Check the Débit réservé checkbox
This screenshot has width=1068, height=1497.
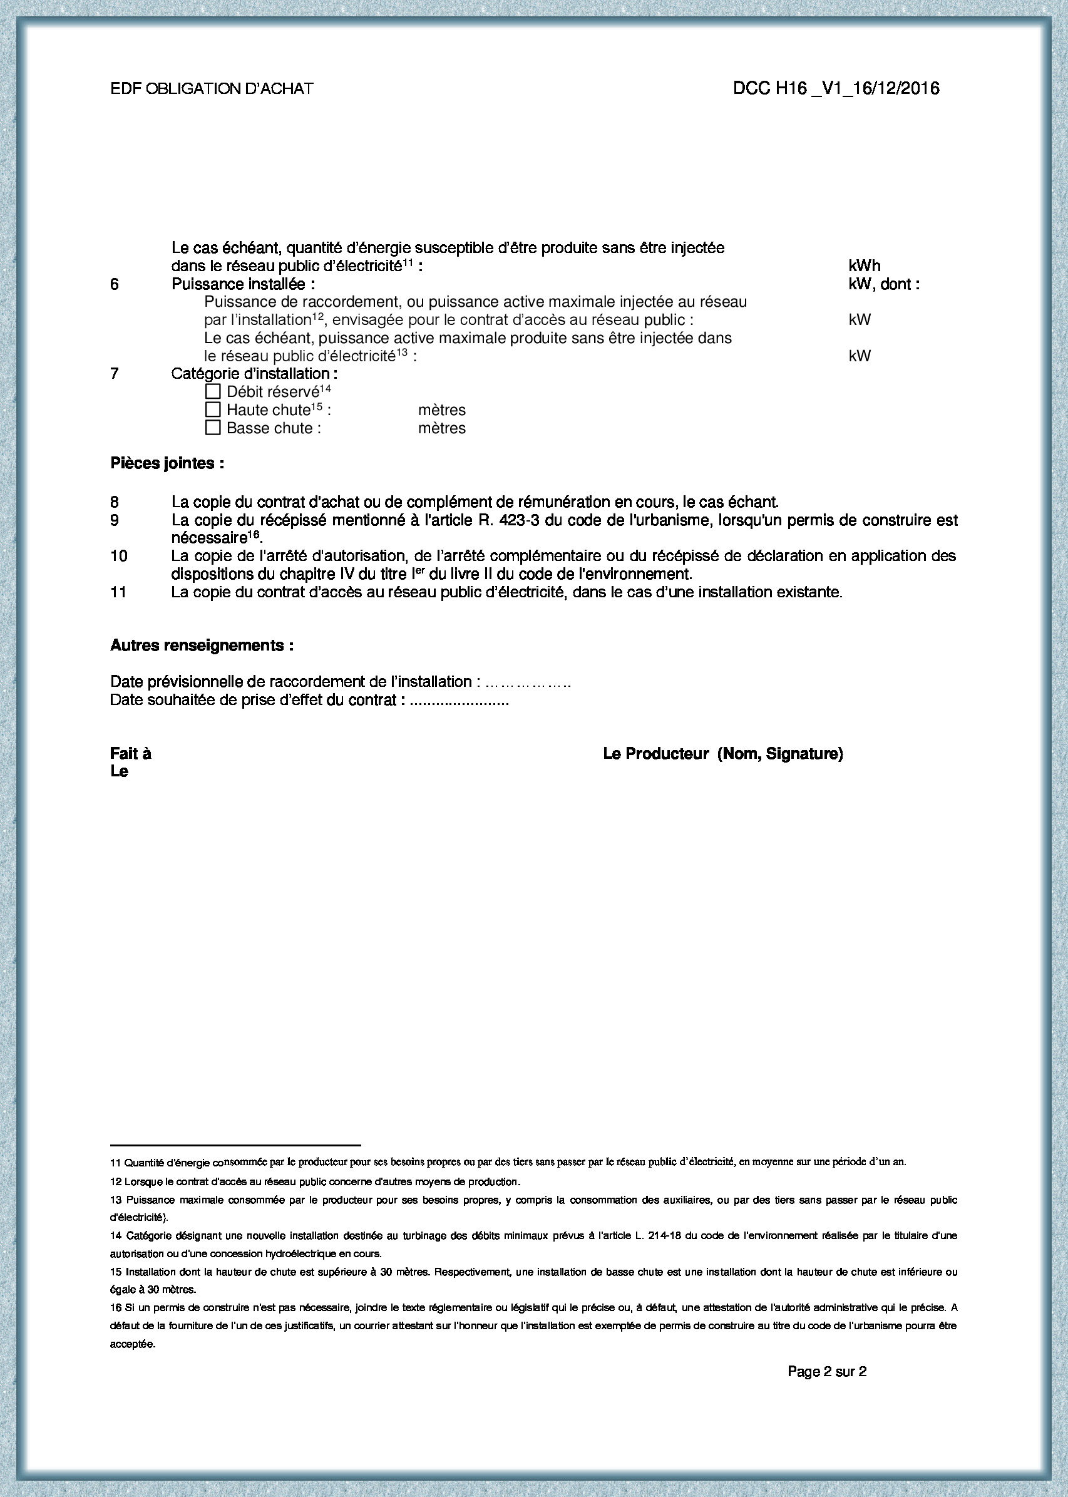pyautogui.click(x=212, y=391)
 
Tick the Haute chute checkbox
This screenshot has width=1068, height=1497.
pyautogui.click(x=212, y=409)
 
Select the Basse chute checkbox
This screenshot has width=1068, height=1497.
pyautogui.click(x=212, y=428)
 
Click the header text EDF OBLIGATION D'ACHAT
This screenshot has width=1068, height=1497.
pyautogui.click(x=212, y=89)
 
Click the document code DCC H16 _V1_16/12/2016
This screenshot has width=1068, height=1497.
pyautogui.click(x=836, y=89)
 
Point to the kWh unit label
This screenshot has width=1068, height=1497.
pyautogui.click(x=864, y=265)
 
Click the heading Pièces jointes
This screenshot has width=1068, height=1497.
pyautogui.click(x=167, y=464)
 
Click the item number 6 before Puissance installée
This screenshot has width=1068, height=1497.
pyautogui.click(x=115, y=284)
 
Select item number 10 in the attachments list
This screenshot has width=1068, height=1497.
pyautogui.click(x=118, y=556)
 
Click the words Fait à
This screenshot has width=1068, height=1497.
pyautogui.click(x=131, y=754)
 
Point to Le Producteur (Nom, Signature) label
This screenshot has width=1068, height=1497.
pyautogui.click(x=722, y=754)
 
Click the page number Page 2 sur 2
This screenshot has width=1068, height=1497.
pyautogui.click(x=826, y=1371)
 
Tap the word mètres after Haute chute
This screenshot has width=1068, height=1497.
pyautogui.click(x=441, y=409)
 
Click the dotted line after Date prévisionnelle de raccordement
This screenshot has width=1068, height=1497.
pyautogui.click(x=526, y=682)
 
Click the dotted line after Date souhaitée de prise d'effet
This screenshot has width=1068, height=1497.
pyautogui.click(x=459, y=701)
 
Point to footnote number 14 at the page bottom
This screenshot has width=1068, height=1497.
pyautogui.click(x=115, y=1236)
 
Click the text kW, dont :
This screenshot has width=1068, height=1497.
pyautogui.click(x=884, y=284)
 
